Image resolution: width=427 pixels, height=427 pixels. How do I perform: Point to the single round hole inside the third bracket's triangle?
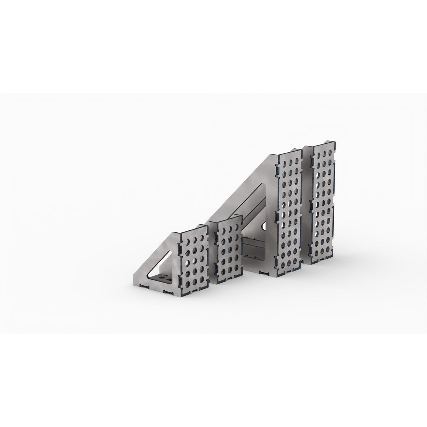pyautogui.click(x=264, y=226)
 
